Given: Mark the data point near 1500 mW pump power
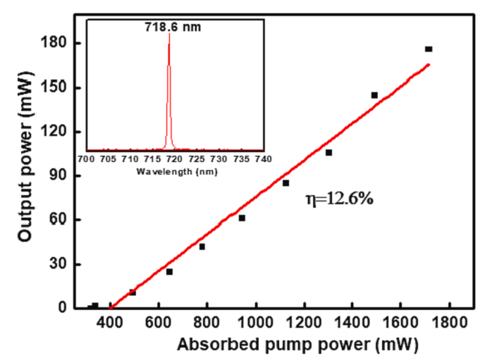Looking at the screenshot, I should (x=374, y=95).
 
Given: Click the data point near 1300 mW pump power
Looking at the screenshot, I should (x=329, y=152).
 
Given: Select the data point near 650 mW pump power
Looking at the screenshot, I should (x=169, y=272).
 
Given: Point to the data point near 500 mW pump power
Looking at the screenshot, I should (x=133, y=292).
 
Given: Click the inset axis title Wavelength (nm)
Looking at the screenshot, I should (x=174, y=171).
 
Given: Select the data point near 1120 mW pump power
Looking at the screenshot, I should (x=286, y=183).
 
